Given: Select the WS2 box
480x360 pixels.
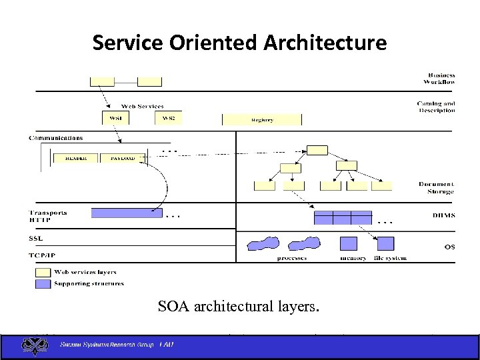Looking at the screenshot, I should [x=169, y=118].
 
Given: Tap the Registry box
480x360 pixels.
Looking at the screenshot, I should [x=262, y=120].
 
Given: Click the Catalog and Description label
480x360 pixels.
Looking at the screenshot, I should [x=436, y=107].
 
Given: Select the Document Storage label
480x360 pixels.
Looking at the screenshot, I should [x=437, y=187].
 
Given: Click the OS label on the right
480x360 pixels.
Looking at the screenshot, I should [x=449, y=247].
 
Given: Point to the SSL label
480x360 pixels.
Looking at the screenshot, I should [x=36, y=238].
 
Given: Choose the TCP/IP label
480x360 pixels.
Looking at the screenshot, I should [x=42, y=255].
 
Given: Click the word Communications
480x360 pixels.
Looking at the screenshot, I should [x=56, y=138].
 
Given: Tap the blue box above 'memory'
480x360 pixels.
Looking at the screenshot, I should [x=349, y=243].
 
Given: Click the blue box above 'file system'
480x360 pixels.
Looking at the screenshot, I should [x=385, y=243].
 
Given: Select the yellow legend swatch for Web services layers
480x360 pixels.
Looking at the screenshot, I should [x=43, y=272].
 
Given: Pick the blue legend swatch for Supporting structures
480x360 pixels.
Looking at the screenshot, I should [x=43, y=283].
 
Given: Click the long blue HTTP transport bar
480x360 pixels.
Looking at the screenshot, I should [x=127, y=213].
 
